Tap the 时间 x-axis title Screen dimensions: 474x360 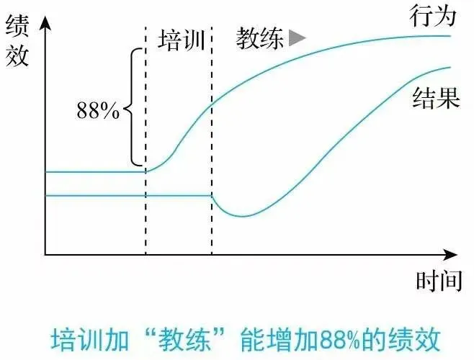pos(438,279)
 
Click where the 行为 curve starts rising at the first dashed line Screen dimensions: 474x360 pos(146,171)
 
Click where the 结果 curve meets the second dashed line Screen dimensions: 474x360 pos(212,196)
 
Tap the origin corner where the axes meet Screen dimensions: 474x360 pos(45,254)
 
